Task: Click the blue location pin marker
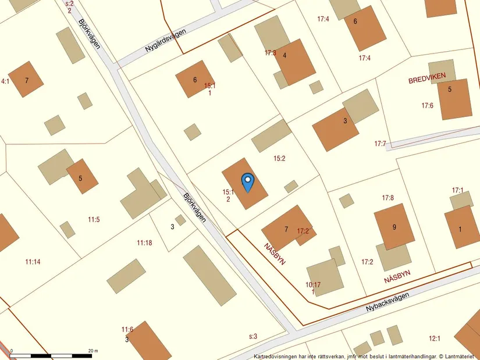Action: [247, 182]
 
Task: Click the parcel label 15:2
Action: [280, 158]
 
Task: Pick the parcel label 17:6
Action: [427, 105]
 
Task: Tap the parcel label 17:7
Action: [381, 144]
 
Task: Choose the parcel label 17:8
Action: [387, 198]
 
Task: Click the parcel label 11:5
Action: [94, 219]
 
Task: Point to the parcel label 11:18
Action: [144, 243]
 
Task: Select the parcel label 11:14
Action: [33, 262]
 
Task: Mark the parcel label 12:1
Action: [435, 338]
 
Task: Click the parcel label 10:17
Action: [313, 285]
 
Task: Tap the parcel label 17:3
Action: [270, 53]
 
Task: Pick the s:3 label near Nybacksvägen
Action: [253, 336]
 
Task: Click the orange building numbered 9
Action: [394, 227]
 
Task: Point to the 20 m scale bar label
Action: [93, 351]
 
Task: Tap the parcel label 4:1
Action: [5, 81]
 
